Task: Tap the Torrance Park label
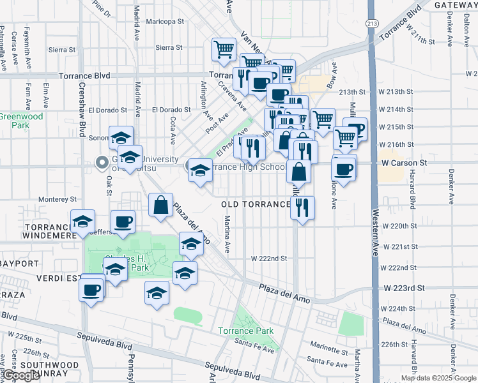pos(245,331)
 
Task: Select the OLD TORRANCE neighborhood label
pos(256,204)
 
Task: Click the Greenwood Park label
pos(21,121)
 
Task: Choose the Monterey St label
pos(56,200)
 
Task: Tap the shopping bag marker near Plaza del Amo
pos(160,206)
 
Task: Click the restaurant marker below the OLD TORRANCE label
pos(302,208)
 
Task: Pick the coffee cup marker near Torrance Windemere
pos(123,222)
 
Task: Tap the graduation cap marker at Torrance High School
pos(200,170)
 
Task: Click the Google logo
pos(21,375)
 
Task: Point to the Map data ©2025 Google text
pos(438,378)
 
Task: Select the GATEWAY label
pos(456,5)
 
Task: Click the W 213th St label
pos(373,92)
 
